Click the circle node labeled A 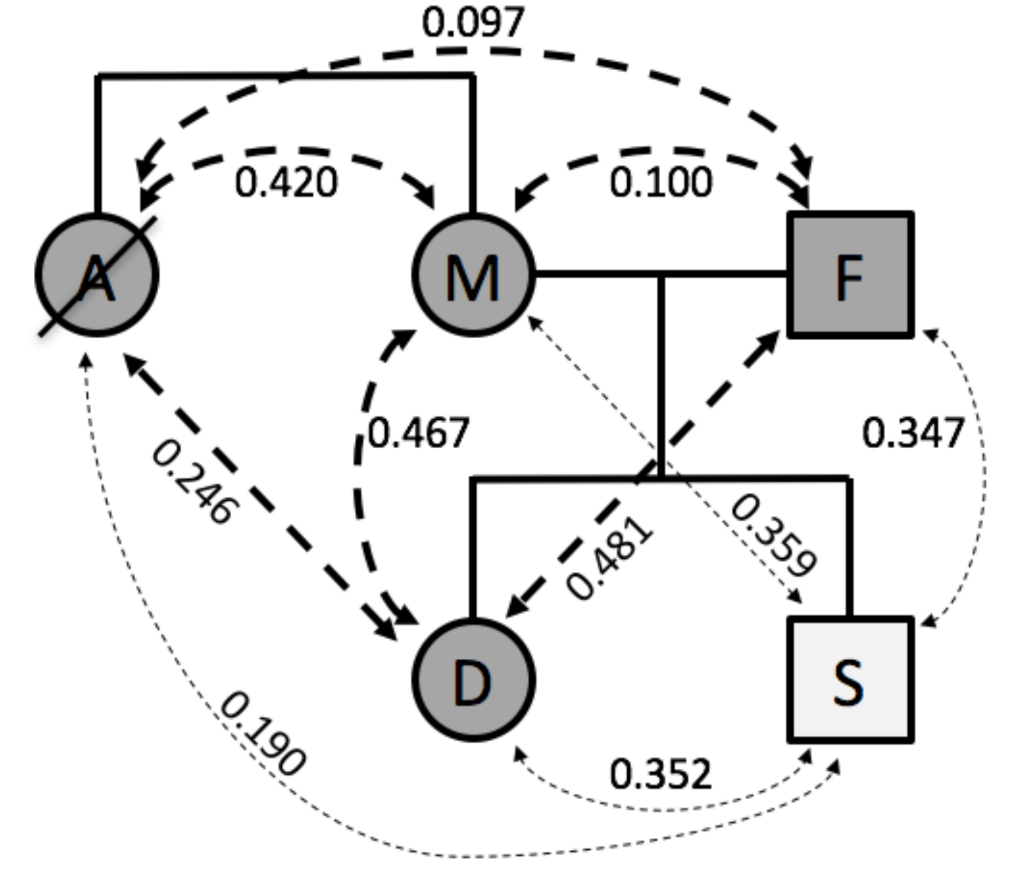click(97, 275)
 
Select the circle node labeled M click(473, 275)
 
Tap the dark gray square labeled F click(850, 275)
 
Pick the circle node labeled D click(473, 680)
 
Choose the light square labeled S click(850, 680)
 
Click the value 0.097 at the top click(473, 23)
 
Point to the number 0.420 click(286, 183)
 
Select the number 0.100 click(661, 183)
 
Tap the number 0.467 click(418, 433)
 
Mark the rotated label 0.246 click(192, 482)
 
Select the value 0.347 click(913, 433)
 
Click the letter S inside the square click(848, 681)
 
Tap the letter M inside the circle click(472, 278)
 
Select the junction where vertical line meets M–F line click(661, 275)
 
